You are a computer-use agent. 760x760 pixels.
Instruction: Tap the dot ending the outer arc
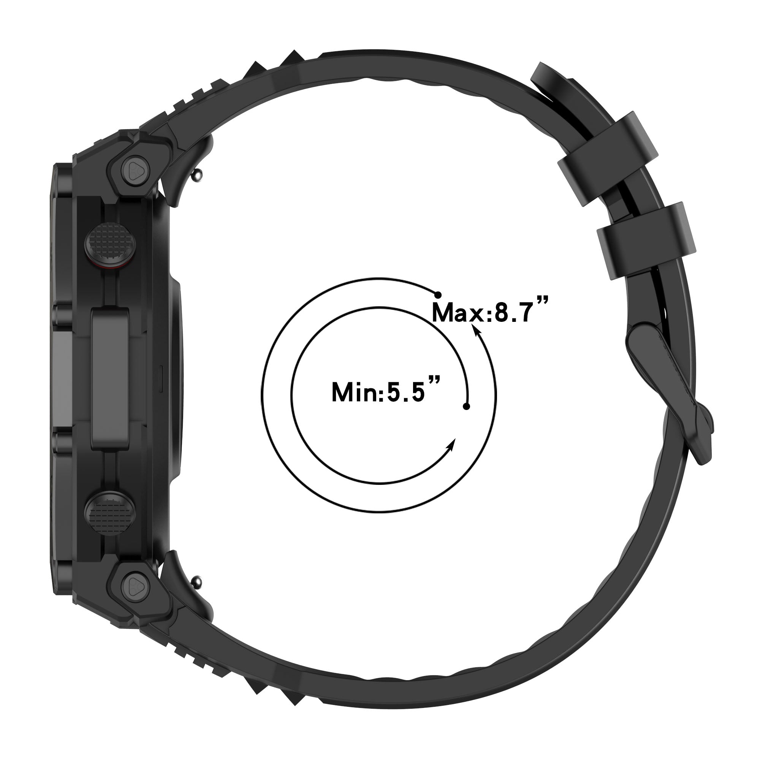click(x=437, y=294)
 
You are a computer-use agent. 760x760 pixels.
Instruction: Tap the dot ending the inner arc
click(x=467, y=406)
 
